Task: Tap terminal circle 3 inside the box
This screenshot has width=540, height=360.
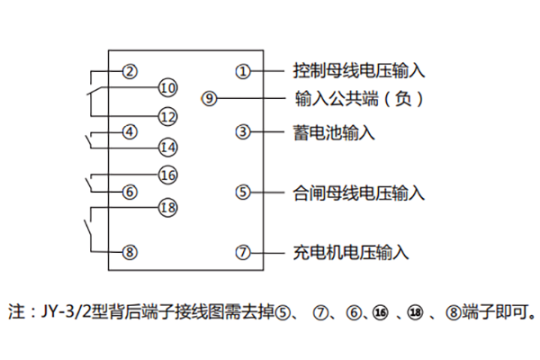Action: tap(242, 132)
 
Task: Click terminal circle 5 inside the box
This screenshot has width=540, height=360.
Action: tap(242, 192)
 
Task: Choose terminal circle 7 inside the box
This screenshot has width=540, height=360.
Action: tap(242, 252)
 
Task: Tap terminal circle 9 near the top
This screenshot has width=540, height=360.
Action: tap(210, 98)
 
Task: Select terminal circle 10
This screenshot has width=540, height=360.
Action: tap(167, 87)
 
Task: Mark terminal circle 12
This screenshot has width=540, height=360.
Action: tap(167, 116)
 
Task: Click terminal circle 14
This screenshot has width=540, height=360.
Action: tap(167, 147)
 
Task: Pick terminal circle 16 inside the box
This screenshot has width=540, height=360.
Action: tap(167, 175)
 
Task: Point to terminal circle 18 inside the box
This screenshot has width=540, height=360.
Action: tap(167, 207)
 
